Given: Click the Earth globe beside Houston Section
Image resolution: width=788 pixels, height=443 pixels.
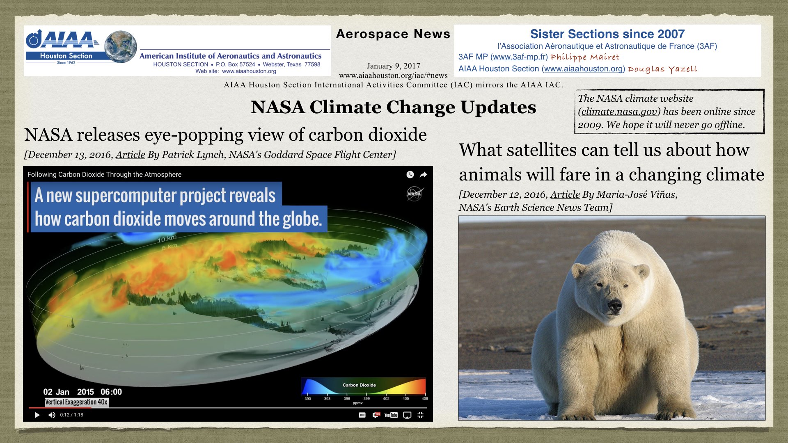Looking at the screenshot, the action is [120, 46].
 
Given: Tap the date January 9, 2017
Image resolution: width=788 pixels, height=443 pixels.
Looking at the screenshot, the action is [393, 66].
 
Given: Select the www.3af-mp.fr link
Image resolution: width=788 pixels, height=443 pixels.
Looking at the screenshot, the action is [519, 57].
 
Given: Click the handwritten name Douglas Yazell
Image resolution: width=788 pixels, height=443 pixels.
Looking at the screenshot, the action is [662, 69].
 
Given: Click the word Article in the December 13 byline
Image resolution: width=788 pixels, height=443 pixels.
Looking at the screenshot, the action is [130, 155].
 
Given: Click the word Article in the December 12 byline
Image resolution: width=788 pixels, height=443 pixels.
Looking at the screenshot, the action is [565, 194].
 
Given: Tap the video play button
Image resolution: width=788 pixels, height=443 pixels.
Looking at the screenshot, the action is [37, 415].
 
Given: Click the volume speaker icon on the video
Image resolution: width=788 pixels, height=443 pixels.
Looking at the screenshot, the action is [52, 415].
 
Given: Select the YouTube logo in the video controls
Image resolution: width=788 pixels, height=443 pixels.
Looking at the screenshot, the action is [391, 415].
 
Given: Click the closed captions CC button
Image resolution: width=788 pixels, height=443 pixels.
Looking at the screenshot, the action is [362, 415].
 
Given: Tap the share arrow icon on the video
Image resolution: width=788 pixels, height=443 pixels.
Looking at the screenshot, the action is [423, 175].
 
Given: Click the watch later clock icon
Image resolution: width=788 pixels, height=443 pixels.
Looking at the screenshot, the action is [410, 175].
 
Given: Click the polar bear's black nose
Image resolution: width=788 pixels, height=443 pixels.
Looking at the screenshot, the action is [614, 305].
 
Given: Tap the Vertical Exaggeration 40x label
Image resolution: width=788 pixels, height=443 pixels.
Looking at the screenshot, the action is [76, 402].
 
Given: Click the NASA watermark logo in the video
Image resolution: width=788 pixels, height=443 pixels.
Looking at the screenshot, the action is [415, 194].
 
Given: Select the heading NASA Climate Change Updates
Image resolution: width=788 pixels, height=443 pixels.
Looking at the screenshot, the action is [393, 107].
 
